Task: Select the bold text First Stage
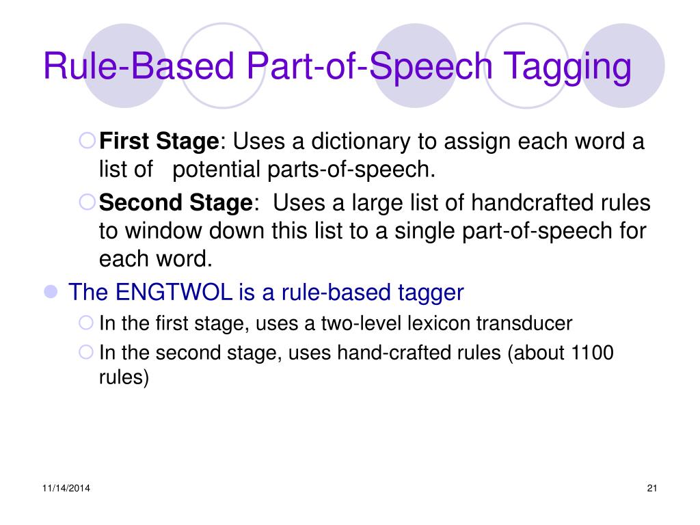159,142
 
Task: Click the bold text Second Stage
176,203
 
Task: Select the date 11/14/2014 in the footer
66,487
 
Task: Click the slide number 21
651,487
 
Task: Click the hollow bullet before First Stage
87,142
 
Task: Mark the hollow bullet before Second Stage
87,202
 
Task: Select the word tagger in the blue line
430,293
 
